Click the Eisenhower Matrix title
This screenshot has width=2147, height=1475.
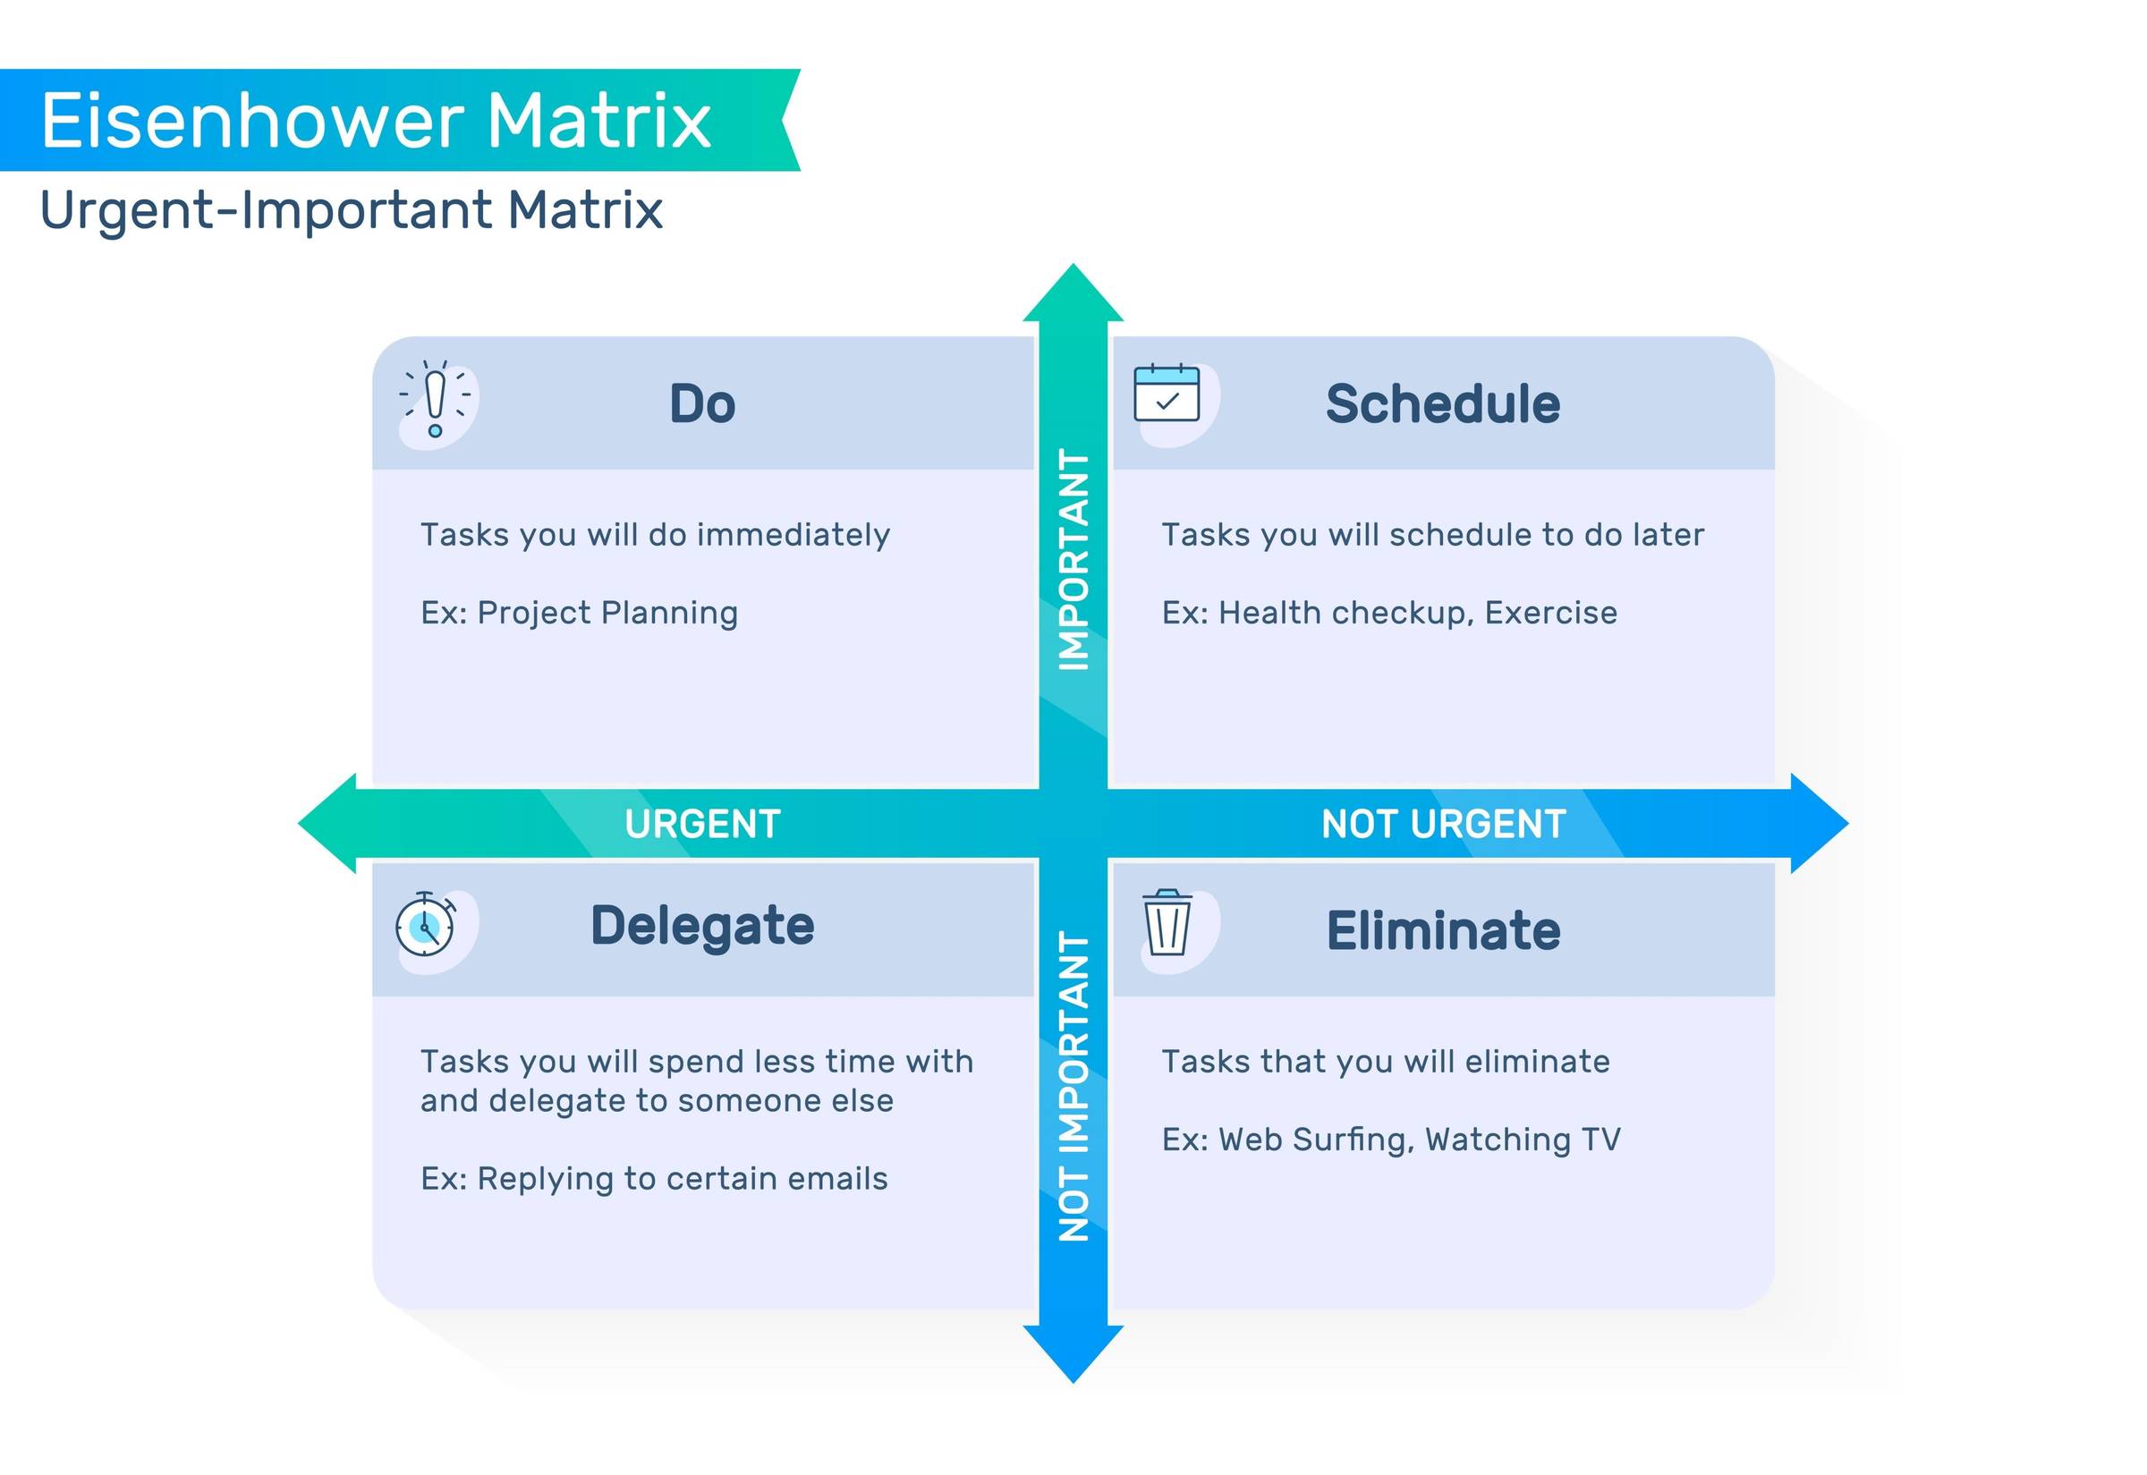pyautogui.click(x=376, y=120)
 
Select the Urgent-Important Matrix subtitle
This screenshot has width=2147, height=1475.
pyautogui.click(x=352, y=210)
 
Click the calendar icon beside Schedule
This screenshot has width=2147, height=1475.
pyautogui.click(x=1167, y=394)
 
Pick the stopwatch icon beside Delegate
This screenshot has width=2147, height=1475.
pyautogui.click(x=425, y=924)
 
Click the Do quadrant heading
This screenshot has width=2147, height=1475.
pyautogui.click(x=702, y=404)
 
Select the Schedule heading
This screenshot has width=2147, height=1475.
pyautogui.click(x=1443, y=404)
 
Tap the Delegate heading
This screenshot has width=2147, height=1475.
pyautogui.click(x=702, y=926)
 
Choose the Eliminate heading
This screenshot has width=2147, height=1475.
pyautogui.click(x=1443, y=929)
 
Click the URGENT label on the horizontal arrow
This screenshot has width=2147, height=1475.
pyautogui.click(x=702, y=824)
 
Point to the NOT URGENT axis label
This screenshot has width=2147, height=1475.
pyautogui.click(x=1443, y=824)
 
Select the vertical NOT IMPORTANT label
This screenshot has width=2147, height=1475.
pyautogui.click(x=1073, y=1087)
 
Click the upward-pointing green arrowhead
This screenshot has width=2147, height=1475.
pyautogui.click(x=1073, y=294)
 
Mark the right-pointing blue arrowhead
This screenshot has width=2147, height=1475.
pyautogui.click(x=1817, y=824)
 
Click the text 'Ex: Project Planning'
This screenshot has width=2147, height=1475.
pyautogui.click(x=580, y=613)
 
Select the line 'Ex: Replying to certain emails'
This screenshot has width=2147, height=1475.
pyautogui.click(x=654, y=1178)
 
